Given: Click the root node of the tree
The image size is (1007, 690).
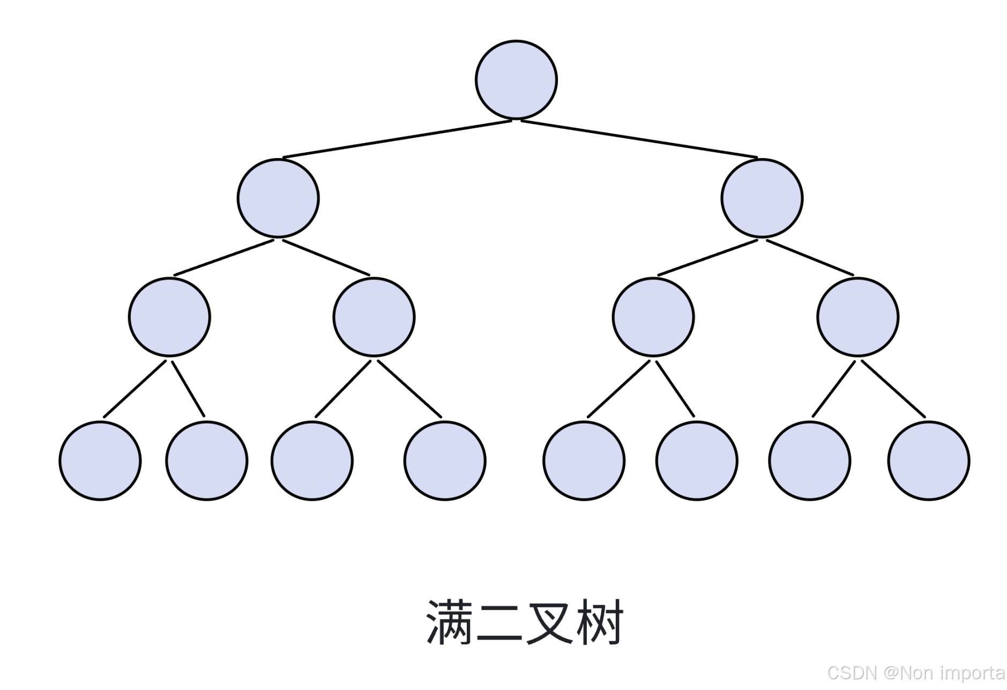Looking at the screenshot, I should point(516,80).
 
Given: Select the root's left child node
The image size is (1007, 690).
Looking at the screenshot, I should point(278,198).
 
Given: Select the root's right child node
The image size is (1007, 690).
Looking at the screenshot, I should point(762,198).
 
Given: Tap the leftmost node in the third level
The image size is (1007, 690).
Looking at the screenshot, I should point(169,317).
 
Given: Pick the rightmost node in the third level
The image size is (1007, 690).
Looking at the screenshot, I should point(857,317).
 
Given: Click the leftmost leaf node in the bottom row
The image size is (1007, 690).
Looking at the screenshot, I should point(100,461).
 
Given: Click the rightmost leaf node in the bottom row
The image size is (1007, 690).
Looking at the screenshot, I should point(928,461).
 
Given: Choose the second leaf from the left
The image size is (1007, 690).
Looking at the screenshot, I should point(207,461).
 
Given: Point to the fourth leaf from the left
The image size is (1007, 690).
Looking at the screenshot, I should point(445,461).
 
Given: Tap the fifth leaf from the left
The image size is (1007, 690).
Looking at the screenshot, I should point(584,461).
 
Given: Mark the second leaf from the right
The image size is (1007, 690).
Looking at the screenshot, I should point(809,461).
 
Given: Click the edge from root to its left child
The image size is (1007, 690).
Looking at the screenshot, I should point(397,139).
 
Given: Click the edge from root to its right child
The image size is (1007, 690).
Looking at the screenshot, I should point(639,139).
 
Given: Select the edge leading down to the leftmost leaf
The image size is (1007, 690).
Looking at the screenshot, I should point(135,388).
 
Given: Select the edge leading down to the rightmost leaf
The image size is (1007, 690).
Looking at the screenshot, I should point(893,388).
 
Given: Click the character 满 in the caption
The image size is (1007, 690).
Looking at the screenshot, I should point(449,622).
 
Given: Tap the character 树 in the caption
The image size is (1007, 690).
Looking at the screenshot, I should point(599,622).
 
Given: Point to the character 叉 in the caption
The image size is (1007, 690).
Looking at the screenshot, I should point(549,622).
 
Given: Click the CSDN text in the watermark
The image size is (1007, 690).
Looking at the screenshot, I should point(852,672).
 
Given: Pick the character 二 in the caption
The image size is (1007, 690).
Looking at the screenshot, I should point(499,622).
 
